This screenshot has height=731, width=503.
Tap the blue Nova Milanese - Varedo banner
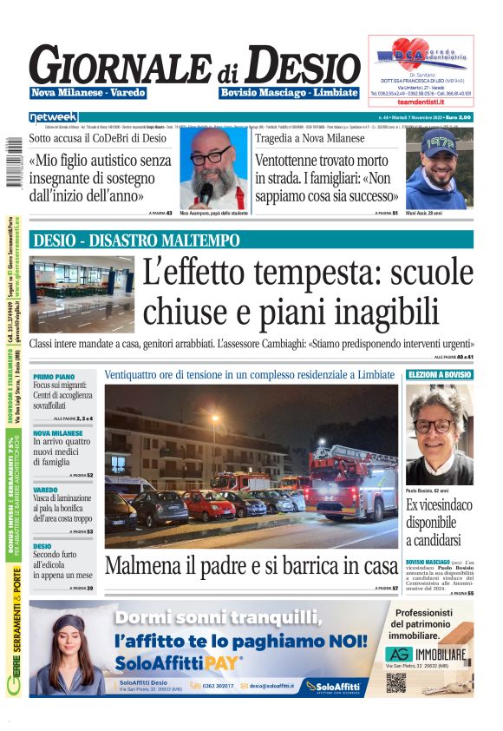[88, 93]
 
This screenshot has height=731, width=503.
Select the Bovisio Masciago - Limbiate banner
[289, 93]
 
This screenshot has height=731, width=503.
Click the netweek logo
[53, 116]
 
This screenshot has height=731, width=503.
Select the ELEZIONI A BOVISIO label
[440, 374]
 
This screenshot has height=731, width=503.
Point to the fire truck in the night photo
[351, 482]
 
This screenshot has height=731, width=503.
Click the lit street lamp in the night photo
[214, 419]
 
